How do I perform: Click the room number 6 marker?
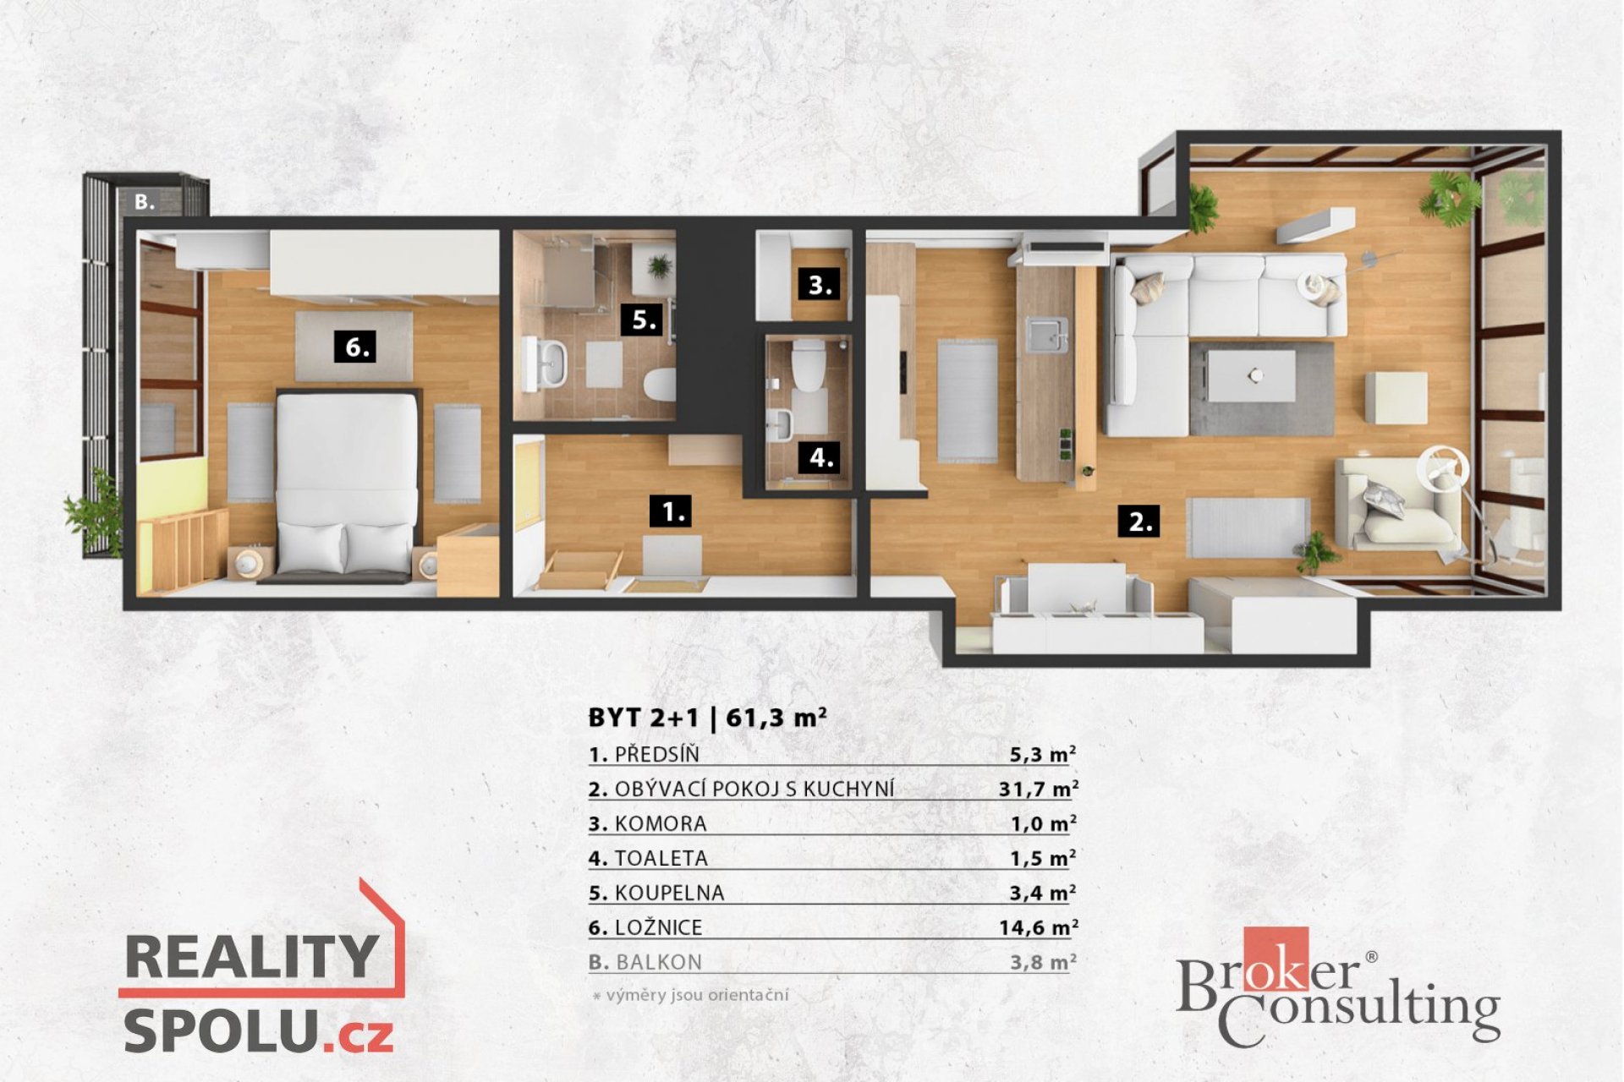(357, 347)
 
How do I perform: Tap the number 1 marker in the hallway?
(672, 511)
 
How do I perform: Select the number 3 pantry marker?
(820, 284)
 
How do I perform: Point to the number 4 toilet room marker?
(820, 457)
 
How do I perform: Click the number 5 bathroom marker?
(645, 320)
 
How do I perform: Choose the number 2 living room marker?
(1139, 521)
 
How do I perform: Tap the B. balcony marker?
(145, 201)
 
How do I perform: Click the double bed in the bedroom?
(348, 485)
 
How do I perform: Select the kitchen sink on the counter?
(1047, 334)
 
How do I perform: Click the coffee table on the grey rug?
(1252, 375)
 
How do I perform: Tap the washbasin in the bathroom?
(546, 363)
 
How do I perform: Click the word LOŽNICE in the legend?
(658, 927)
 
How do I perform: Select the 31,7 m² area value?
(1038, 789)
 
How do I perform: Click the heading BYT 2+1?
(644, 718)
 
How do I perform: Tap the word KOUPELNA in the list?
(669, 893)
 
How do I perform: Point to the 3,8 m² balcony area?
(1043, 962)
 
